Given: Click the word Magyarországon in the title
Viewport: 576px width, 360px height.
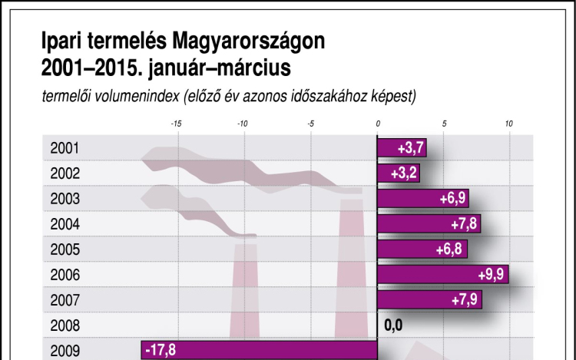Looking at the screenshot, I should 249,41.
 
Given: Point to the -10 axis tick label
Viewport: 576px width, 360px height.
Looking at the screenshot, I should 242,124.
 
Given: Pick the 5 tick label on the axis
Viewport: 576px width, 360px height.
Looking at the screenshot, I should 444,124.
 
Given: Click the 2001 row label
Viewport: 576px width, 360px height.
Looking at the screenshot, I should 65,148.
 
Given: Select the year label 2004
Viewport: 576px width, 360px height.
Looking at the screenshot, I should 65,224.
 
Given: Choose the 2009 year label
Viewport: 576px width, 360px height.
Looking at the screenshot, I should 65,350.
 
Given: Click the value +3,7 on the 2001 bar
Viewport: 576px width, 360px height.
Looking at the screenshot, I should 412,148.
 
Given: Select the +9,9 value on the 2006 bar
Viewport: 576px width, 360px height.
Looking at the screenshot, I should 492,274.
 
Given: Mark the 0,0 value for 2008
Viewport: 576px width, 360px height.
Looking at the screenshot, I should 394,325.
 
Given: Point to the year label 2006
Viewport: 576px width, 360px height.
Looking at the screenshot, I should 65,274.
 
